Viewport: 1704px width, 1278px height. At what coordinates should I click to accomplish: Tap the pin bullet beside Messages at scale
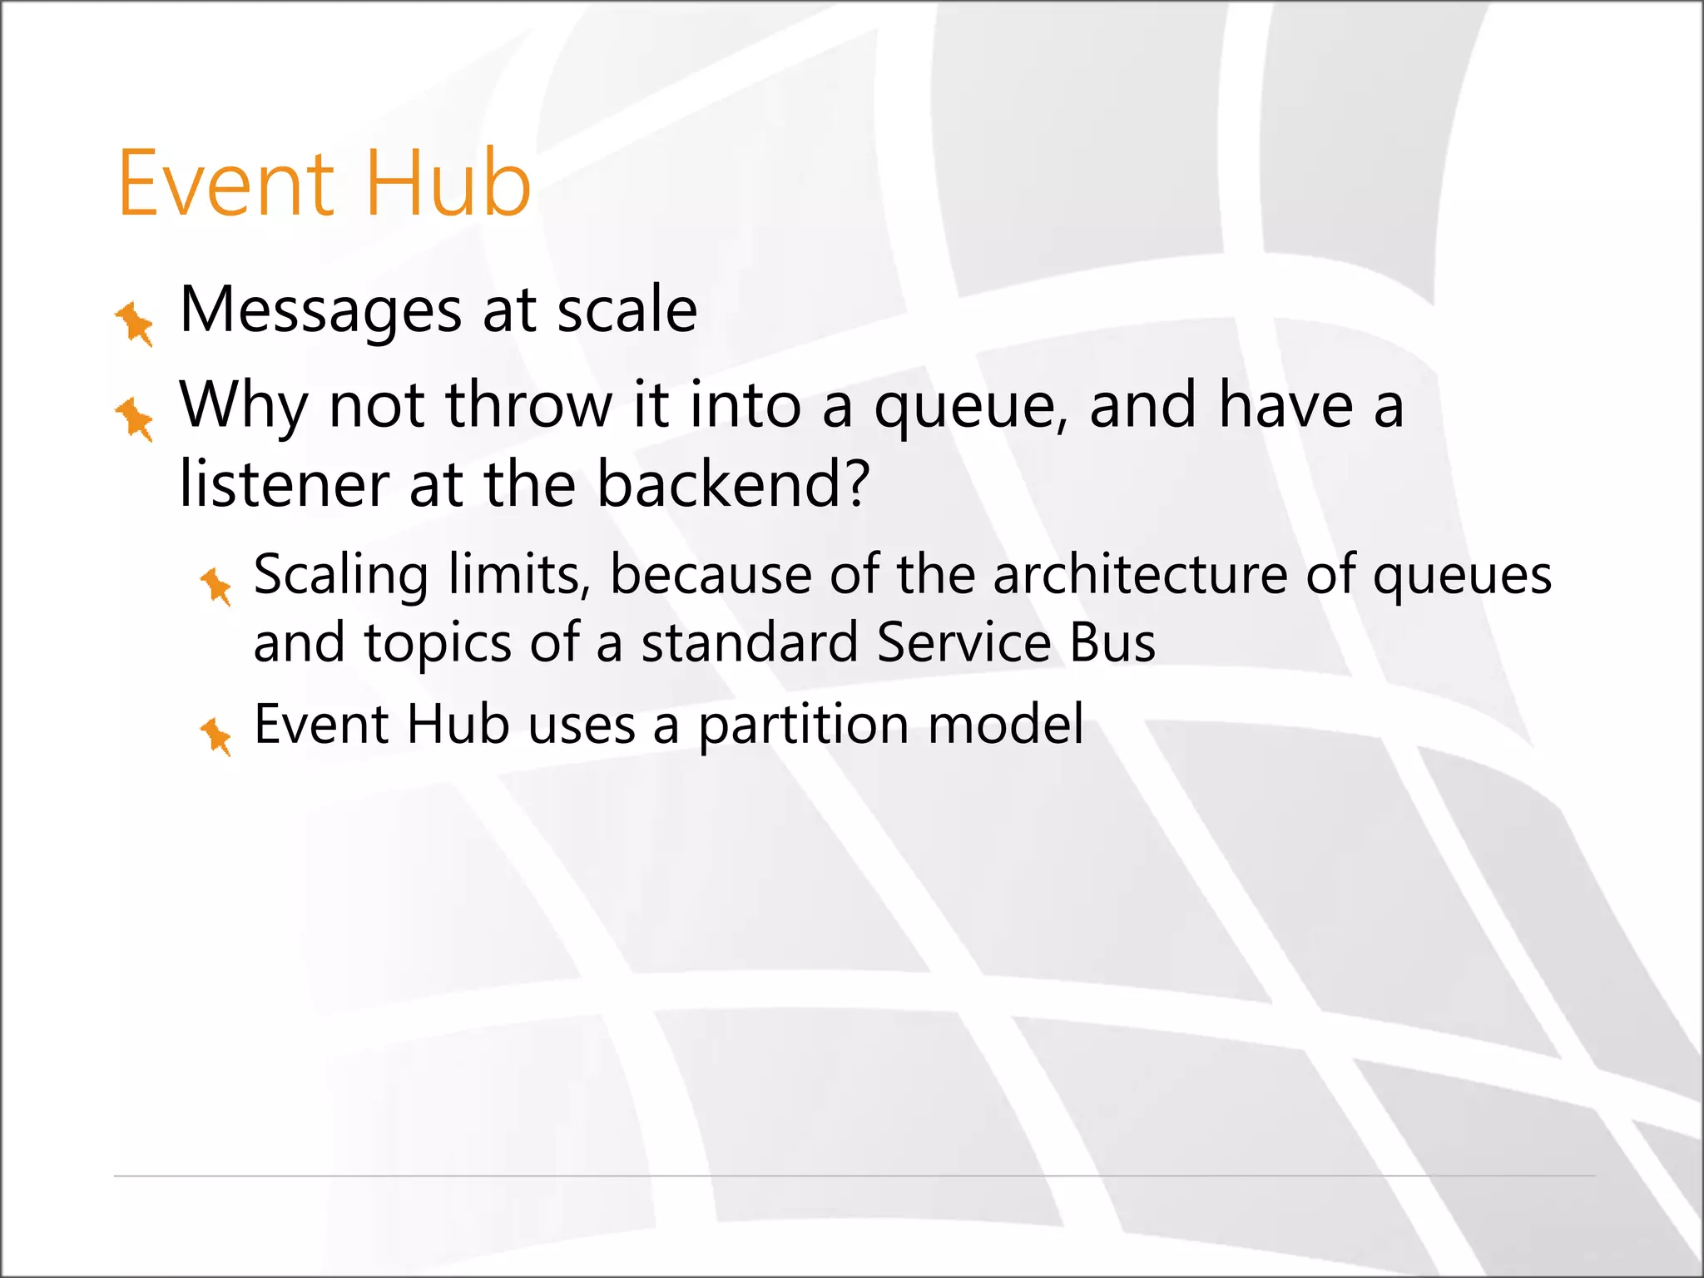[x=135, y=323]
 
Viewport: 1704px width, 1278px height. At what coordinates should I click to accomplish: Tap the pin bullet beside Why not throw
[x=135, y=418]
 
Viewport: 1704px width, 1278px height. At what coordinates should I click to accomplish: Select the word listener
[x=284, y=484]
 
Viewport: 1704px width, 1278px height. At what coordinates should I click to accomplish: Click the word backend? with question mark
[x=733, y=484]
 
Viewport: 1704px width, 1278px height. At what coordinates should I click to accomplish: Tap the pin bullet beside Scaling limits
[x=216, y=586]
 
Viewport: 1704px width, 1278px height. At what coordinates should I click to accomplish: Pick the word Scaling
[x=341, y=576]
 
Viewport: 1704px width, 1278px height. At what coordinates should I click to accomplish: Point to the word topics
[x=438, y=644]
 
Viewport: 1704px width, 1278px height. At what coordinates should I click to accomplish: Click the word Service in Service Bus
[x=963, y=644]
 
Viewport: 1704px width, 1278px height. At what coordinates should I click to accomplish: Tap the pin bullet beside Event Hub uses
[x=216, y=736]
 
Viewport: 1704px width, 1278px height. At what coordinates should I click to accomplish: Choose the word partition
[x=803, y=726]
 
